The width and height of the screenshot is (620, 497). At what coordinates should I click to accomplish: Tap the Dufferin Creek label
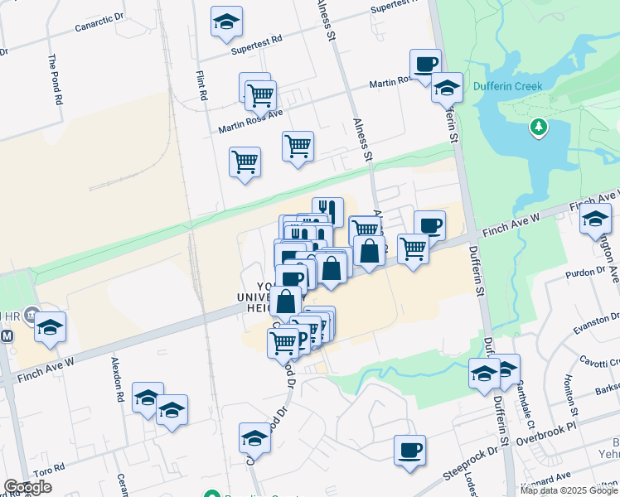coord(507,86)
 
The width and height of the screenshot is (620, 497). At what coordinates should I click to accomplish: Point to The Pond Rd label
coord(55,79)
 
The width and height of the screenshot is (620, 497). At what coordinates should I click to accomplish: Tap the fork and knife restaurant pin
coord(328,210)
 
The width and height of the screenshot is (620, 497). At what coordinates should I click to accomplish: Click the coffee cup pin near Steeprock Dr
coord(409,451)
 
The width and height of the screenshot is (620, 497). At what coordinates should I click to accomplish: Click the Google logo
coord(27,488)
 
